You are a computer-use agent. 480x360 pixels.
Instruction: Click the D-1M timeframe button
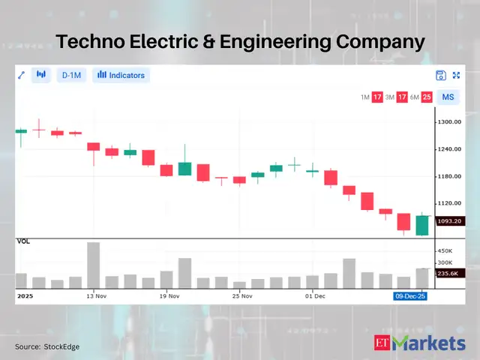[72, 75]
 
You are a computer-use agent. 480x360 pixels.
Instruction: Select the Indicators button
[121, 75]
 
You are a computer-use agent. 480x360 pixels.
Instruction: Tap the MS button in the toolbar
[448, 97]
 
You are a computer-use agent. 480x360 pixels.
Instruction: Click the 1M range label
[364, 97]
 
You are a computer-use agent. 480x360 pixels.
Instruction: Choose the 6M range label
[413, 97]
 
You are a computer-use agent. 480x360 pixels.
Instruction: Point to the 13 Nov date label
[94, 296]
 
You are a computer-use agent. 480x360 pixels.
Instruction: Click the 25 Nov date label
[241, 296]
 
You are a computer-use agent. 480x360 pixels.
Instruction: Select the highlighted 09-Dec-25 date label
[412, 296]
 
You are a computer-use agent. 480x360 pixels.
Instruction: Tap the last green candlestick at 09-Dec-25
[422, 225]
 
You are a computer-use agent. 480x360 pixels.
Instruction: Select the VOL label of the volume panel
[23, 242]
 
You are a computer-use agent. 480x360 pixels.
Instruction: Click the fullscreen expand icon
[456, 75]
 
